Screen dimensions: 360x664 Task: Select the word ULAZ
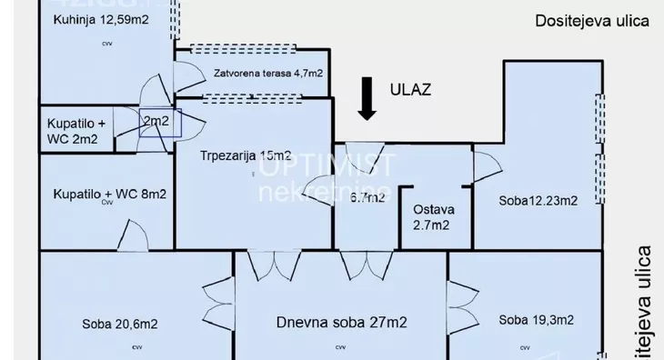coord(410,89)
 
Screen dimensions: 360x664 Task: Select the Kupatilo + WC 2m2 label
coord(80,131)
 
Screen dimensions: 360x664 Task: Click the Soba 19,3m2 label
coord(536,319)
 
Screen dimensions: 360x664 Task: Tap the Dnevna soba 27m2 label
coord(341,322)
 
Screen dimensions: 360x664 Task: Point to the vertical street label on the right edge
coord(645,300)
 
